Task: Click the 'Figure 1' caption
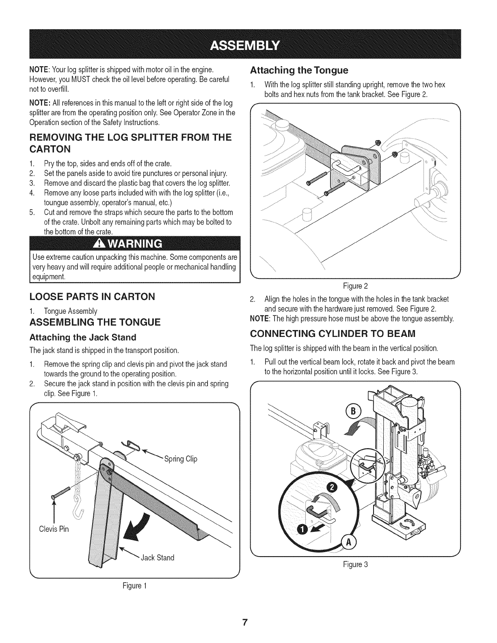tap(134, 586)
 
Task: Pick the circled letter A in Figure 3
tap(348, 542)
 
